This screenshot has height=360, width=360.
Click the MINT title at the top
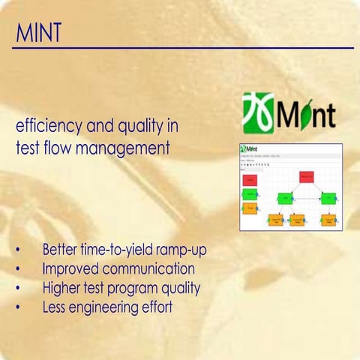click(37, 32)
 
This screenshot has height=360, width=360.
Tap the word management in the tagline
click(130, 147)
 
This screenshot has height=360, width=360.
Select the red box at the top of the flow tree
click(306, 177)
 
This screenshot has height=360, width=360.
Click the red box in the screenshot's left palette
click(251, 180)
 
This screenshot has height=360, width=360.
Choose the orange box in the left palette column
click(251, 206)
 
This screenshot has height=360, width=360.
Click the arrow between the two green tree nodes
click(306, 199)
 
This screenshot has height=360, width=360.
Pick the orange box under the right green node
click(328, 220)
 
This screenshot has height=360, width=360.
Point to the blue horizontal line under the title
click(180, 48)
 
